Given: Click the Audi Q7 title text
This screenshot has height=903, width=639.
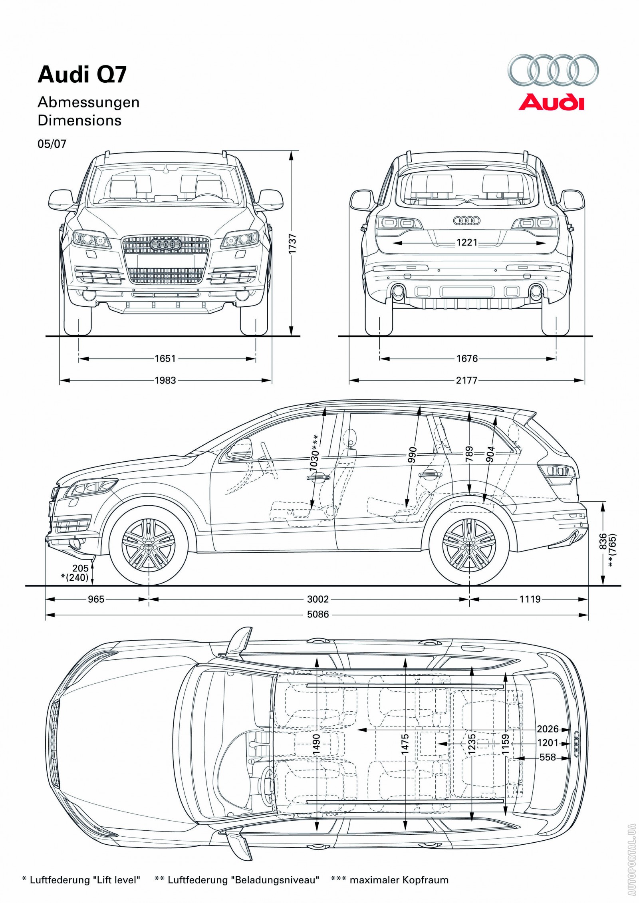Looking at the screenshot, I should pyautogui.click(x=82, y=75).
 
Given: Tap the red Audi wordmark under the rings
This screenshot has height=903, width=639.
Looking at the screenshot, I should pyautogui.click(x=551, y=102).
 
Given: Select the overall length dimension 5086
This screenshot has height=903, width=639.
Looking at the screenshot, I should pyautogui.click(x=318, y=614).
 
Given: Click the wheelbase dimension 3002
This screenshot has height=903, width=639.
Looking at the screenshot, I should pyautogui.click(x=318, y=599).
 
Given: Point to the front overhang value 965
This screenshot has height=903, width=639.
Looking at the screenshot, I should pyautogui.click(x=96, y=599).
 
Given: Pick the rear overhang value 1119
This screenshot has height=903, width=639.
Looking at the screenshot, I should pyautogui.click(x=530, y=599).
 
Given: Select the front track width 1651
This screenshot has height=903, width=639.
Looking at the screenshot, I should pyautogui.click(x=165, y=359).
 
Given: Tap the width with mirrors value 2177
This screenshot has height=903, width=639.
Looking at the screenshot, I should pyautogui.click(x=466, y=380).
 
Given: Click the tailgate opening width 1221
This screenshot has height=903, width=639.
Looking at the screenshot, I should pyautogui.click(x=467, y=242).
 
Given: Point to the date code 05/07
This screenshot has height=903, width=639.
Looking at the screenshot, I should pyautogui.click(x=52, y=144).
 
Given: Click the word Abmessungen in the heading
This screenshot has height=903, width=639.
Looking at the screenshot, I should pyautogui.click(x=89, y=102).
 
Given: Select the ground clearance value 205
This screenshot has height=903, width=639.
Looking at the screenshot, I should pyautogui.click(x=81, y=568).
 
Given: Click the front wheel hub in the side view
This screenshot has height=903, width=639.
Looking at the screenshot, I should pyautogui.click(x=149, y=546).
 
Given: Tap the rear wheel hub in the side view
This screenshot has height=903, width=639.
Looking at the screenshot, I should pyautogui.click(x=469, y=546).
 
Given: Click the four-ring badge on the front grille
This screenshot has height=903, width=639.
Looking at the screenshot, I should pyautogui.click(x=166, y=244).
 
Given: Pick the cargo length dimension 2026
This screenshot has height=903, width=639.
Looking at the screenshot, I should pyautogui.click(x=548, y=729).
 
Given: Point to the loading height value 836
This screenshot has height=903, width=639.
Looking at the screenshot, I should pyautogui.click(x=603, y=541).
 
